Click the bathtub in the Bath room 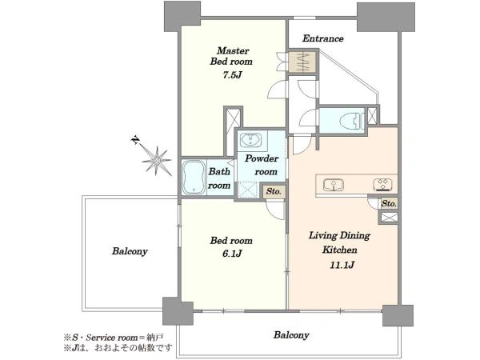[194, 178]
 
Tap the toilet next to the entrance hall [354, 120]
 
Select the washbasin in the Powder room [250, 141]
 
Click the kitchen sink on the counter [334, 185]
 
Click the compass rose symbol [157, 160]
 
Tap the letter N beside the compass [135, 141]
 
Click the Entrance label [322, 38]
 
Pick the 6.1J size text [232, 254]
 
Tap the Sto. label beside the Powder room [274, 192]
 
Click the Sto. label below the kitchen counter [389, 203]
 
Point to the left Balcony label [130, 251]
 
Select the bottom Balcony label [291, 335]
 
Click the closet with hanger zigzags [302, 62]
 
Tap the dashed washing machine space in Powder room [248, 190]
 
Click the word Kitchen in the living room [339, 250]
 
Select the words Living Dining [339, 235]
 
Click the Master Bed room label [232, 56]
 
